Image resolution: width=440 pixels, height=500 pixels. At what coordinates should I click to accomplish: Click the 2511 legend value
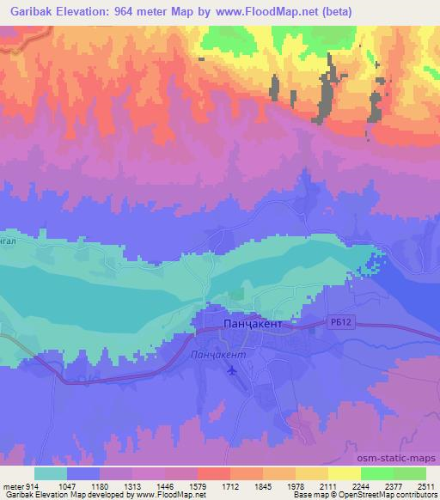pyautogui.click(x=426, y=485)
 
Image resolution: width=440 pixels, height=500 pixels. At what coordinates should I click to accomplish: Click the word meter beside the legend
pyautogui.click(x=12, y=485)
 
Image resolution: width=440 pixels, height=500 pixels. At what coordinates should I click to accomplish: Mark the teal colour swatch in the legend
pyautogui.click(x=51, y=473)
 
